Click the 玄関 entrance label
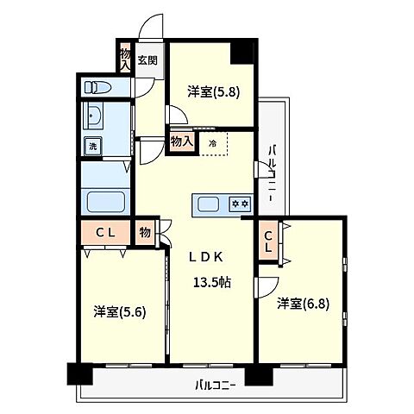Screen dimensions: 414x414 pyautogui.click(x=147, y=60)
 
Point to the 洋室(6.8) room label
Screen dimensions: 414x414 pyautogui.click(x=303, y=304)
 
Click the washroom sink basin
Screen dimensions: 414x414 pyautogui.click(x=94, y=116)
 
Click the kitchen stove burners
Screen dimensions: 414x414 pyautogui.click(x=239, y=204)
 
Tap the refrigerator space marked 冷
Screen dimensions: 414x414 pyautogui.click(x=212, y=143)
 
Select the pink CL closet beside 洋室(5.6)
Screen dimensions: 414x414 pyautogui.click(x=106, y=232)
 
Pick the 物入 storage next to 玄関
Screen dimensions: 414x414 pyautogui.click(x=125, y=58)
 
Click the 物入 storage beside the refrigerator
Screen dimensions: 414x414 pyautogui.click(x=181, y=141)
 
